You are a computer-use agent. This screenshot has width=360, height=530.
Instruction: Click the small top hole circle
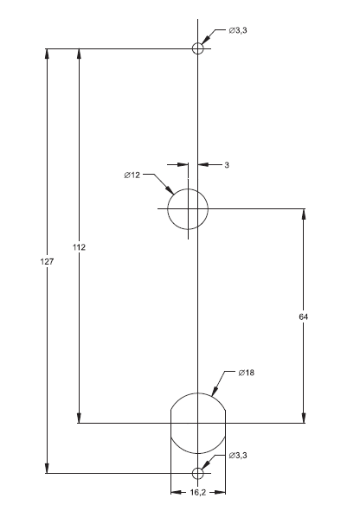[198, 48]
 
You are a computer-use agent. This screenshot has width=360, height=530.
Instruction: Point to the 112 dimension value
[79, 247]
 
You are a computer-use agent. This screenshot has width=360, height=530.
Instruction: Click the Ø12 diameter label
[132, 176]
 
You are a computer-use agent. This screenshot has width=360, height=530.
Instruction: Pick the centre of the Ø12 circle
[188, 209]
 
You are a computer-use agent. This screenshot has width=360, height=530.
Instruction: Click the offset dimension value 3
[226, 163]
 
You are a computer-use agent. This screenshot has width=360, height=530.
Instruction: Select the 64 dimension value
[303, 317]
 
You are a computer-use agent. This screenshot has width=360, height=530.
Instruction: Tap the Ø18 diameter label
[248, 373]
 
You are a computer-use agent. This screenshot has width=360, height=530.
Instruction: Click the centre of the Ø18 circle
[198, 423]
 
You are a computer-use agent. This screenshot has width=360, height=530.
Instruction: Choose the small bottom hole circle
[198, 473]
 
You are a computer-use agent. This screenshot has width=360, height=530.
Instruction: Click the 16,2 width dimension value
[197, 493]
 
